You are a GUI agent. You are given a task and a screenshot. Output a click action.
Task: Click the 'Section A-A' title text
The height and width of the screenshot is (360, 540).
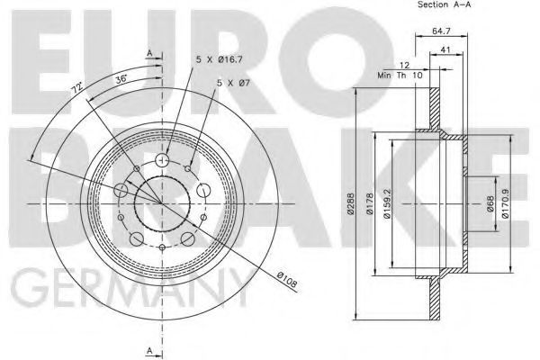[x=444, y=4]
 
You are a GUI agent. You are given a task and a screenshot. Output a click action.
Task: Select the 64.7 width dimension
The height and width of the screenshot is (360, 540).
[x=441, y=31]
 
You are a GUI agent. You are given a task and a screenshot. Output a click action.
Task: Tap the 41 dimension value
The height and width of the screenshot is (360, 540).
[x=445, y=49]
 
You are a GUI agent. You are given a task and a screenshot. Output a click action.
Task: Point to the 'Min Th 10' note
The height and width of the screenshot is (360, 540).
[x=400, y=75]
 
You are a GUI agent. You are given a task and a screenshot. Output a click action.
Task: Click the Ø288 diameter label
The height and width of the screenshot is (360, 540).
[x=350, y=203]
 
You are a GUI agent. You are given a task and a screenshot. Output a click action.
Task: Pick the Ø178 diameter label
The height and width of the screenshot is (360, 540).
[x=370, y=203]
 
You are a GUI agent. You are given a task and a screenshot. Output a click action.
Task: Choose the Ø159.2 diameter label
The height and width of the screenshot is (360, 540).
[x=387, y=203]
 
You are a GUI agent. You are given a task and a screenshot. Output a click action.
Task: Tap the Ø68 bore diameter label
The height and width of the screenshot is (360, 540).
[x=490, y=203]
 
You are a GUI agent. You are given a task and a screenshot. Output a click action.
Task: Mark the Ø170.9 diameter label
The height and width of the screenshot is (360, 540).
[x=505, y=203]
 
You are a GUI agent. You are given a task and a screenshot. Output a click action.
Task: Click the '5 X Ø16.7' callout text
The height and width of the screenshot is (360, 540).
[x=220, y=59]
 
